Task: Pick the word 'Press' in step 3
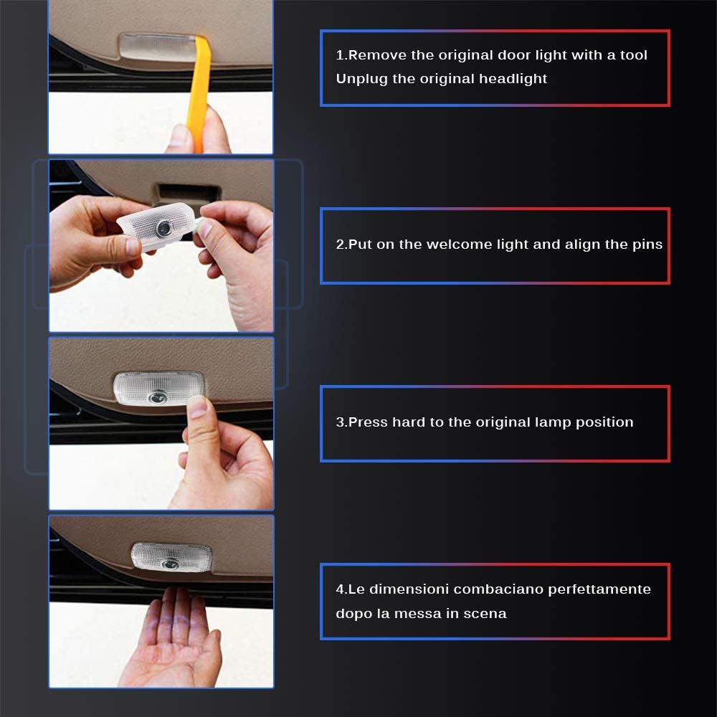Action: pyautogui.click(x=368, y=422)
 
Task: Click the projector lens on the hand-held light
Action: pyautogui.click(x=163, y=227)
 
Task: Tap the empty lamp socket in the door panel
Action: pyautogui.click(x=186, y=192)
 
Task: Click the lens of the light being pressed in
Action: pyautogui.click(x=158, y=397)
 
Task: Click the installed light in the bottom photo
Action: pyautogui.click(x=171, y=557)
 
